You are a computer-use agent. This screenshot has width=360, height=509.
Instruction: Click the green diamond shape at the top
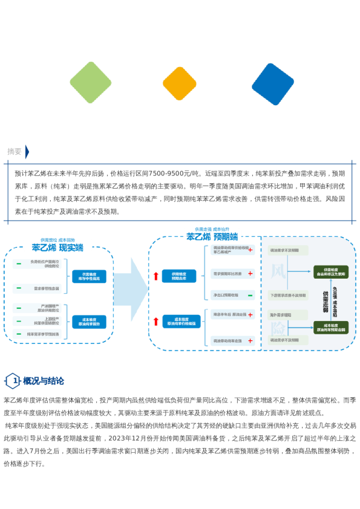[x=91, y=83]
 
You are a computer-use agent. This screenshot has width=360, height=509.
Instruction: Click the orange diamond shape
[x=180, y=84]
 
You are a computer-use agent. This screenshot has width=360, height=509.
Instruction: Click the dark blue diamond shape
[x=273, y=84]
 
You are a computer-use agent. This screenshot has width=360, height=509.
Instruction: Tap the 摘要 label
[x=15, y=151]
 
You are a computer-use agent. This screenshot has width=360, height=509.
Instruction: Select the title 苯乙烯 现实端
[x=57, y=247]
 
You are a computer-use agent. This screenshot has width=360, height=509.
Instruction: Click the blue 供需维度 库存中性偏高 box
[x=89, y=276]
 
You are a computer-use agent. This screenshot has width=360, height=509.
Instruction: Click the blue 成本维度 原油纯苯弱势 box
[x=89, y=322]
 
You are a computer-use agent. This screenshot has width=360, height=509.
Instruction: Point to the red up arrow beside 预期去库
[x=156, y=276]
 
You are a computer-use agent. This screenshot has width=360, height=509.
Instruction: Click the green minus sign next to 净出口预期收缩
[x=250, y=295]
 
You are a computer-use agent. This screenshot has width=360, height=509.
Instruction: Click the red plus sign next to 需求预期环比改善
[x=250, y=274]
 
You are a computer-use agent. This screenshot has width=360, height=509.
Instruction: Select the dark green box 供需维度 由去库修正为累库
[x=330, y=271]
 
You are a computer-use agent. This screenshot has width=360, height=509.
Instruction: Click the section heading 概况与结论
[x=44, y=381]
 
